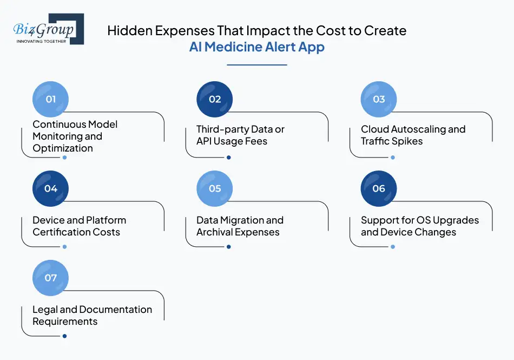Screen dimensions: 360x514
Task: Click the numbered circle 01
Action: pos(51,99)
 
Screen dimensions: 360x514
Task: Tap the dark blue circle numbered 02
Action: pos(215,99)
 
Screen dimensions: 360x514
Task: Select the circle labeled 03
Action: pos(379,99)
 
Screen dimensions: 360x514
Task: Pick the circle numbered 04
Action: pos(51,188)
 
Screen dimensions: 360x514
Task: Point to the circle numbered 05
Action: pos(215,188)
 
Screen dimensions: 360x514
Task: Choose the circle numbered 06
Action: pos(379,188)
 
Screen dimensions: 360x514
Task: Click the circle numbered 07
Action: pos(51,278)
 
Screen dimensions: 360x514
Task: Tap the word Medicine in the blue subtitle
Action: pos(234,47)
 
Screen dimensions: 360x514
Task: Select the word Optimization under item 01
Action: pos(63,148)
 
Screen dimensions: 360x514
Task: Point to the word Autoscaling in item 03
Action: pos(416,129)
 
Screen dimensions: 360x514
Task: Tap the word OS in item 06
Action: pos(424,220)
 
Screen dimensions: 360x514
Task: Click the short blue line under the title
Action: pos(256,65)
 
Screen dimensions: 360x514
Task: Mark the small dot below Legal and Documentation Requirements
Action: pos(64,336)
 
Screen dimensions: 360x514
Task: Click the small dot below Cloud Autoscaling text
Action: pos(393,158)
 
